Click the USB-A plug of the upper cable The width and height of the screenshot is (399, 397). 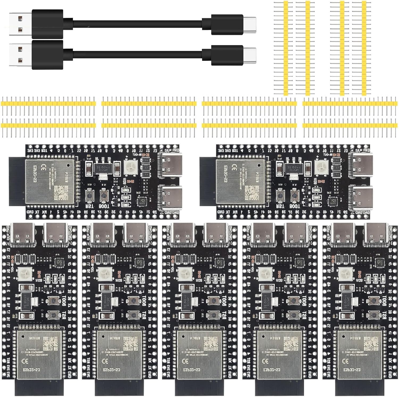tap(20, 24)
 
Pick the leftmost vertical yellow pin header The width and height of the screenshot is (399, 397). tap(286, 48)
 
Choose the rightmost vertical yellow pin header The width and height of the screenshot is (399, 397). tap(364, 48)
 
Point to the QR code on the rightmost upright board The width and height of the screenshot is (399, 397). tap(371, 343)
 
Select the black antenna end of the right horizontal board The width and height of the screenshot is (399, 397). tap(207, 181)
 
